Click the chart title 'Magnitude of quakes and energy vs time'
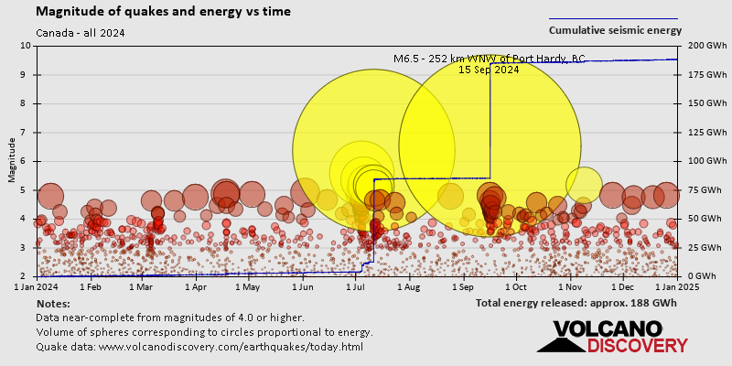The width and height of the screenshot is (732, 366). click(x=164, y=12)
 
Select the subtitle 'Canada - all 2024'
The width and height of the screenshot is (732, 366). click(x=81, y=33)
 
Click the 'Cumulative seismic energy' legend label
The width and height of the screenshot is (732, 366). click(x=615, y=30)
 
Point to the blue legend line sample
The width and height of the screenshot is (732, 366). click(x=613, y=18)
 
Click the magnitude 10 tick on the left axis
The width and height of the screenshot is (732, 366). click(x=26, y=46)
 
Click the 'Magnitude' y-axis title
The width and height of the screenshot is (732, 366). click(x=11, y=160)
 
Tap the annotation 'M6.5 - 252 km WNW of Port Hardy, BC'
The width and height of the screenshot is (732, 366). click(x=489, y=59)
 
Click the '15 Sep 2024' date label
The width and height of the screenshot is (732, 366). click(x=489, y=70)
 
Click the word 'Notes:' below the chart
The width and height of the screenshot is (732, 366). click(x=53, y=303)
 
